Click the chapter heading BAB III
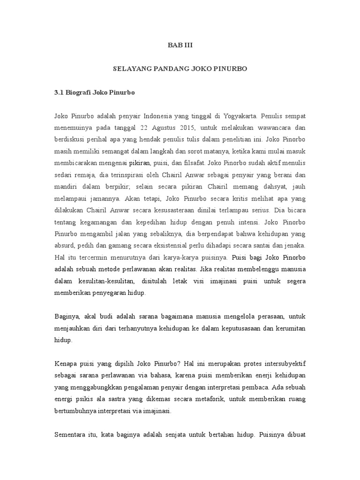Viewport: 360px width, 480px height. (180, 45)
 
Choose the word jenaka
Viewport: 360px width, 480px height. (295, 246)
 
